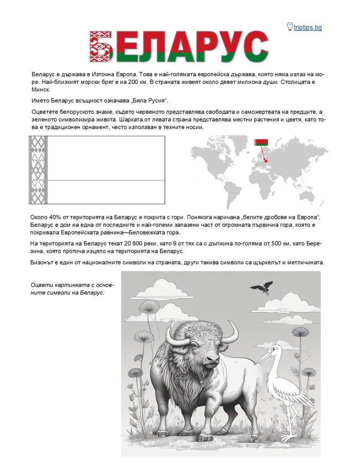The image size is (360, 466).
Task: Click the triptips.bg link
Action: coord(308,27)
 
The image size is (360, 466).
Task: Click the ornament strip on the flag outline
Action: coord(35,170)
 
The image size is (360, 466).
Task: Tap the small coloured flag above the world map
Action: coord(261,142)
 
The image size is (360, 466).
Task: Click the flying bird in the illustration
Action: coord(262,288)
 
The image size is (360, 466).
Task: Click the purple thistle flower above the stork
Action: coord(300,331)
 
